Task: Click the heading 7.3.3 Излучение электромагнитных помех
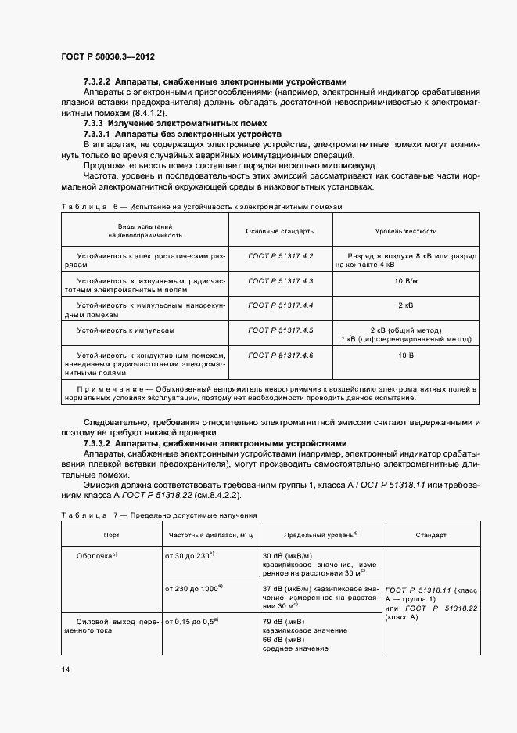[x=175, y=123]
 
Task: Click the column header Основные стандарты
[x=280, y=232]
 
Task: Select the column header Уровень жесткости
[x=405, y=232]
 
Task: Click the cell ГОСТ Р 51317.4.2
[x=280, y=257]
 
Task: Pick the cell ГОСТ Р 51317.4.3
[x=280, y=280]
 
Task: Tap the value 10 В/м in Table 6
[x=405, y=280]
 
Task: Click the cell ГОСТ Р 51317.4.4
[x=280, y=305]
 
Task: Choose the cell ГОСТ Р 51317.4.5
[x=280, y=330]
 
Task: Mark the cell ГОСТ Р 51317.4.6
[x=280, y=356]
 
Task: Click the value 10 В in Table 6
[x=405, y=356]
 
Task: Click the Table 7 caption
[x=159, y=515]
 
